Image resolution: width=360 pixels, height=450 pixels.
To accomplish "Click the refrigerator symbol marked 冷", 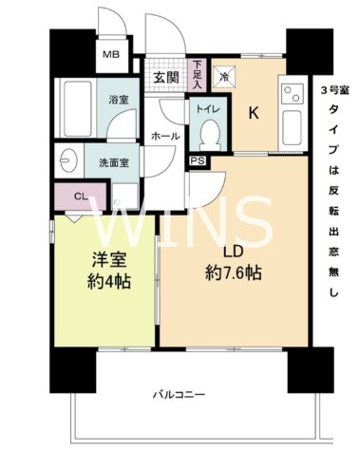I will pos(224,76).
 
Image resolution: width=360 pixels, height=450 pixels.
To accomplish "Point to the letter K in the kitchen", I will pos(254,112).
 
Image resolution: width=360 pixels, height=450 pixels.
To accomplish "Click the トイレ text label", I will pos(208,110).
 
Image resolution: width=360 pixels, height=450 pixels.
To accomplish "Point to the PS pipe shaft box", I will pos(197,161).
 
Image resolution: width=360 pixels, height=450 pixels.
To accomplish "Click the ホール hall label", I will pos(165,137).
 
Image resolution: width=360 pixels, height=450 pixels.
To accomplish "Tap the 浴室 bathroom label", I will pos(118,100).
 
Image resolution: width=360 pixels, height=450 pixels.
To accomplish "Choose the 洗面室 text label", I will pos(115,162).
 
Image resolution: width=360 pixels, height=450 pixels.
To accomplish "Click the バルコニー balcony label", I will pos(179,394).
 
